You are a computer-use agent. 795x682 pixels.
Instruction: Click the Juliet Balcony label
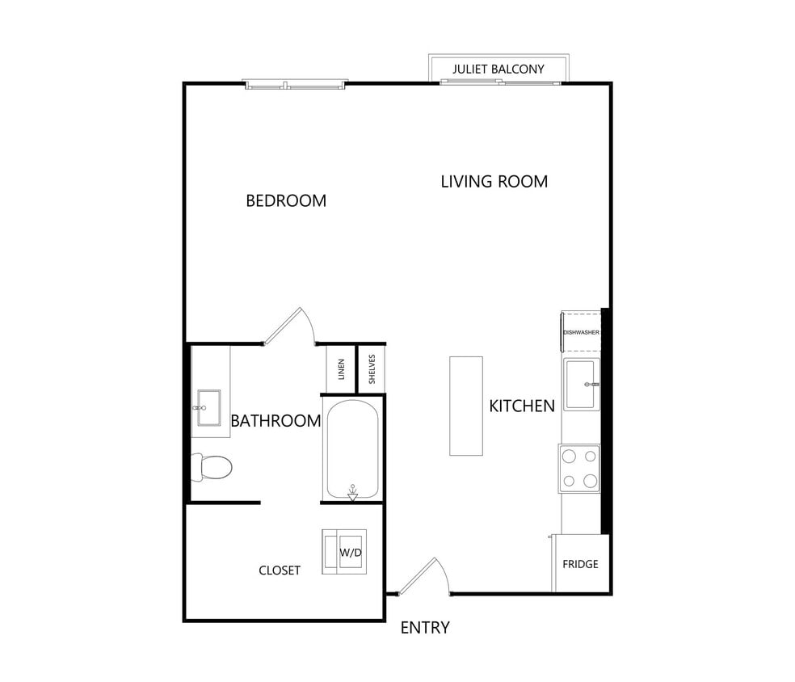tap(498, 69)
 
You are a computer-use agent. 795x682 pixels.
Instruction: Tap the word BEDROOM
tap(286, 200)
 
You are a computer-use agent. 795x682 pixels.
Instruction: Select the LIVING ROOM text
tap(494, 181)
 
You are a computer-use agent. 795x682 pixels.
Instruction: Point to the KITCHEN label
tap(522, 406)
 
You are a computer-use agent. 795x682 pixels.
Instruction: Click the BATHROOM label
tap(276, 420)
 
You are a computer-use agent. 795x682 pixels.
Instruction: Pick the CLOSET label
tap(280, 570)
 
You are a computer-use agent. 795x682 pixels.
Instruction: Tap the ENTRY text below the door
tap(425, 628)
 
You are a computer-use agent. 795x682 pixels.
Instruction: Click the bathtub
tap(352, 449)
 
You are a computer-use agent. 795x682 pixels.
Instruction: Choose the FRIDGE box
tap(580, 563)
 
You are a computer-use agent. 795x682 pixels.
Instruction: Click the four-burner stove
tap(579, 468)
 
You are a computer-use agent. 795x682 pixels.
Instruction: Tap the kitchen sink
tap(582, 385)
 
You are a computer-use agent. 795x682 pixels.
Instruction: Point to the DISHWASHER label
tap(581, 332)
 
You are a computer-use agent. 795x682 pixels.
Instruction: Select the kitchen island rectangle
tap(466, 406)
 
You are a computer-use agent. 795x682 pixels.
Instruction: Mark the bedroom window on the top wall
tap(296, 83)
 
